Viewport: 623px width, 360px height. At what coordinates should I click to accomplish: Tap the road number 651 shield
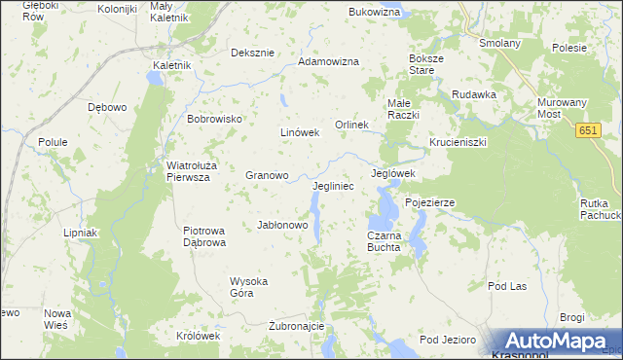click(587, 130)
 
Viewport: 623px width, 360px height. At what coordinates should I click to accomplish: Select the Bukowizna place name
click(375, 12)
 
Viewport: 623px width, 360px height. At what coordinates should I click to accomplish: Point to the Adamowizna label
click(328, 61)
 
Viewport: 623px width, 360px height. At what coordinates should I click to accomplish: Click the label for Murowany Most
click(562, 108)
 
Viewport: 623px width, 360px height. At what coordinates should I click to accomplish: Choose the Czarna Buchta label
click(384, 241)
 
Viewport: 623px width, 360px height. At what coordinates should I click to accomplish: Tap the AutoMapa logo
click(555, 342)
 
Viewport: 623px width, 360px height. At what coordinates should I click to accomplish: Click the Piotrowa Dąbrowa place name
click(204, 236)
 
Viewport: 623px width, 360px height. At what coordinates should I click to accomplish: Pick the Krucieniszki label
click(457, 141)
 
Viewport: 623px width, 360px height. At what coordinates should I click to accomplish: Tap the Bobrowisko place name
click(213, 119)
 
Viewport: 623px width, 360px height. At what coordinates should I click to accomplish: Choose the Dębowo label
click(107, 107)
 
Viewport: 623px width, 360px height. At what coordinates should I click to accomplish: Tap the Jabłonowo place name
click(282, 225)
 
